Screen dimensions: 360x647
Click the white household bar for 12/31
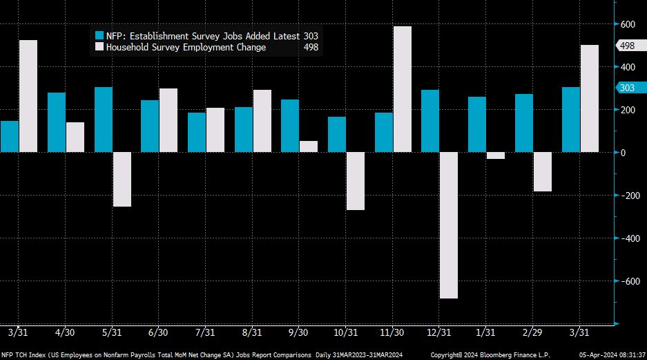pos(449,225)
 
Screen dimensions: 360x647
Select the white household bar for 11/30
pos(402,89)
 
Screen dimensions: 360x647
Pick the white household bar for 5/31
pos(122,179)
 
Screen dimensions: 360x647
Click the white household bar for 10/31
pos(355,181)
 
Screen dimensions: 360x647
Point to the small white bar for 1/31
pos(495,155)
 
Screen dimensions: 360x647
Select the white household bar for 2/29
pos(542,172)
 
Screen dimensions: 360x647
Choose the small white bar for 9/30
pos(309,146)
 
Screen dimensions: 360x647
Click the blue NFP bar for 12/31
pos(430,121)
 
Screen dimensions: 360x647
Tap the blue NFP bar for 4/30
pos(57,122)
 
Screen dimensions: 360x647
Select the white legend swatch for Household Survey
pos(99,47)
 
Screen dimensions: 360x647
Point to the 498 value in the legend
pos(311,47)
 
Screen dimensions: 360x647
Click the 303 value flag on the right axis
pos(626,88)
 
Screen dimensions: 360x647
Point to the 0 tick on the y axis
pos(624,153)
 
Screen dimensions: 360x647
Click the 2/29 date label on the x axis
pos(532,332)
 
